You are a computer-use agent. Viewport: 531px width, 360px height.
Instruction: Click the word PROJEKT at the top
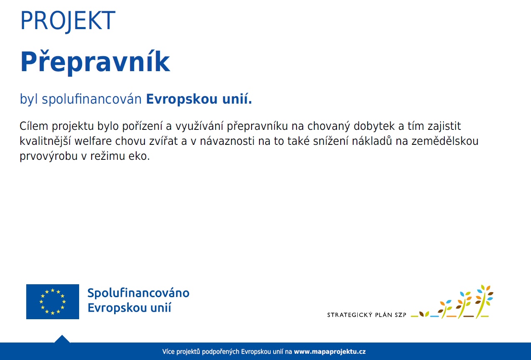[68, 21]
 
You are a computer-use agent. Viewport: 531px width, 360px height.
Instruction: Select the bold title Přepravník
[95, 62]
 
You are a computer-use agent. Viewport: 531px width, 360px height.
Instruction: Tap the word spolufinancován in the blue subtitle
[92, 99]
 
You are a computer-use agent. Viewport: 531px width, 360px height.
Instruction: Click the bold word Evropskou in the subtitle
[182, 99]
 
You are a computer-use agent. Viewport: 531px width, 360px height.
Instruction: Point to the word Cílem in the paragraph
[34, 126]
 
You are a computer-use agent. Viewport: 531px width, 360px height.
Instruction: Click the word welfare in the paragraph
[93, 141]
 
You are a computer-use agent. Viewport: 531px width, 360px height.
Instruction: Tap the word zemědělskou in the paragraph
[445, 141]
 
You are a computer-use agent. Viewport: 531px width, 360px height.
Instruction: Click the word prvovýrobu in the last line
[49, 156]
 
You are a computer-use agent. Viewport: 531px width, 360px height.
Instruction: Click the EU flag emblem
[52, 301]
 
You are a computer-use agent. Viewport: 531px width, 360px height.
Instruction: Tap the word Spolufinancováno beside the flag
[138, 293]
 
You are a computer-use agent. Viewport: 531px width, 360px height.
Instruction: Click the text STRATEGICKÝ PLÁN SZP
[366, 315]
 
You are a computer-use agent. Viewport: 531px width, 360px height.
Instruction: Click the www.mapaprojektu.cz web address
[330, 352]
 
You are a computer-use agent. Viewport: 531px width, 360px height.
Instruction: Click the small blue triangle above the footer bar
[62, 339]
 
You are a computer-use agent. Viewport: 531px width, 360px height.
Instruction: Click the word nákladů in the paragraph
[371, 141]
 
